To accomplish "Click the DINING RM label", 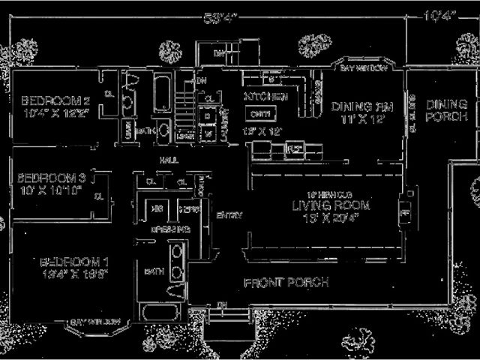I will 358,106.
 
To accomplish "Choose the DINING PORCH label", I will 447,110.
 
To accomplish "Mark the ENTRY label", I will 229,215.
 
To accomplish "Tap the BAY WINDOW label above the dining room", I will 364,68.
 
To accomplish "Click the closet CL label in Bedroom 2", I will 109,94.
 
